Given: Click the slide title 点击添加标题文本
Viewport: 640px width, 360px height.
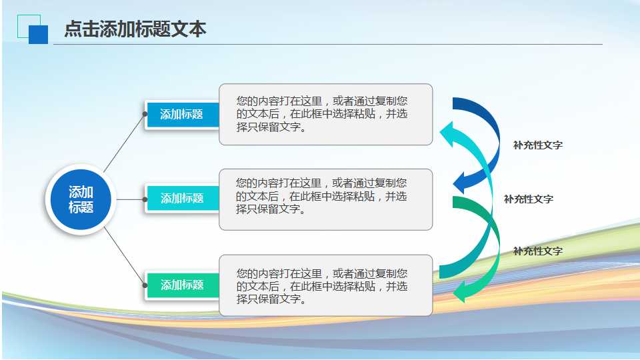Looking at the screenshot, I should (x=135, y=29).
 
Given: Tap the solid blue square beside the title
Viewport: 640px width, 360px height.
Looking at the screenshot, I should (x=38, y=34).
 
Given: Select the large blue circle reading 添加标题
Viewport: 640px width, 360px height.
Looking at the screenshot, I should (x=81, y=199).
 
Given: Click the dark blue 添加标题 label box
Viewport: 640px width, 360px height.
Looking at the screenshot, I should (x=181, y=114).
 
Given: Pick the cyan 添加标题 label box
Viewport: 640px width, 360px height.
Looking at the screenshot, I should (x=181, y=198).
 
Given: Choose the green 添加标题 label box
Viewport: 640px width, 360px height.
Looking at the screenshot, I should (x=181, y=285).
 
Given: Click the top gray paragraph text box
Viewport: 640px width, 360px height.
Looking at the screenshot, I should (x=325, y=114).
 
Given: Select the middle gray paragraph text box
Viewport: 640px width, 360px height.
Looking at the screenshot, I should (x=325, y=199).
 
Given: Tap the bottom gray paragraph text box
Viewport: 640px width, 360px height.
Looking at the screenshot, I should (x=325, y=285).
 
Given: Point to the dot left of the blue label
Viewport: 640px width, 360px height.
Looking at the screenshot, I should (x=145, y=114).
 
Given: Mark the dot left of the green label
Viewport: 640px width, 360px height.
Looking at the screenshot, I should (x=145, y=285).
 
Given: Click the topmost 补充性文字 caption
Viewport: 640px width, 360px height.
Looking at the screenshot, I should (x=537, y=145).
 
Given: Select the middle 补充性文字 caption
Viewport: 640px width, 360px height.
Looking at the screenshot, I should (x=528, y=199).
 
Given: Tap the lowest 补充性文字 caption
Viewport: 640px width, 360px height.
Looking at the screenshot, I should (x=537, y=251).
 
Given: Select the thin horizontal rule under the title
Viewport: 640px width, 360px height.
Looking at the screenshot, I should (x=327, y=45).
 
